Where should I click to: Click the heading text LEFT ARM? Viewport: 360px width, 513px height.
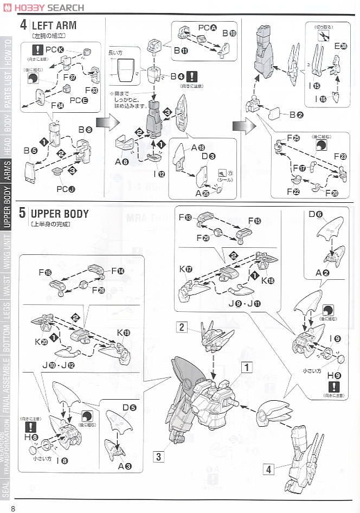tap(54, 25)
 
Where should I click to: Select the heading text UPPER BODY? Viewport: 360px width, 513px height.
tap(59, 213)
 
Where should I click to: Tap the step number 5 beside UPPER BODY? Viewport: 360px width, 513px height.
tap(22, 213)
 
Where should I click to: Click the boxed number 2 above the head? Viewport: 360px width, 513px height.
tap(183, 326)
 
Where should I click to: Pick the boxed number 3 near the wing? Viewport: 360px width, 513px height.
tap(158, 457)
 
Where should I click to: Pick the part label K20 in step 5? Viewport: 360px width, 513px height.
tap(41, 342)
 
